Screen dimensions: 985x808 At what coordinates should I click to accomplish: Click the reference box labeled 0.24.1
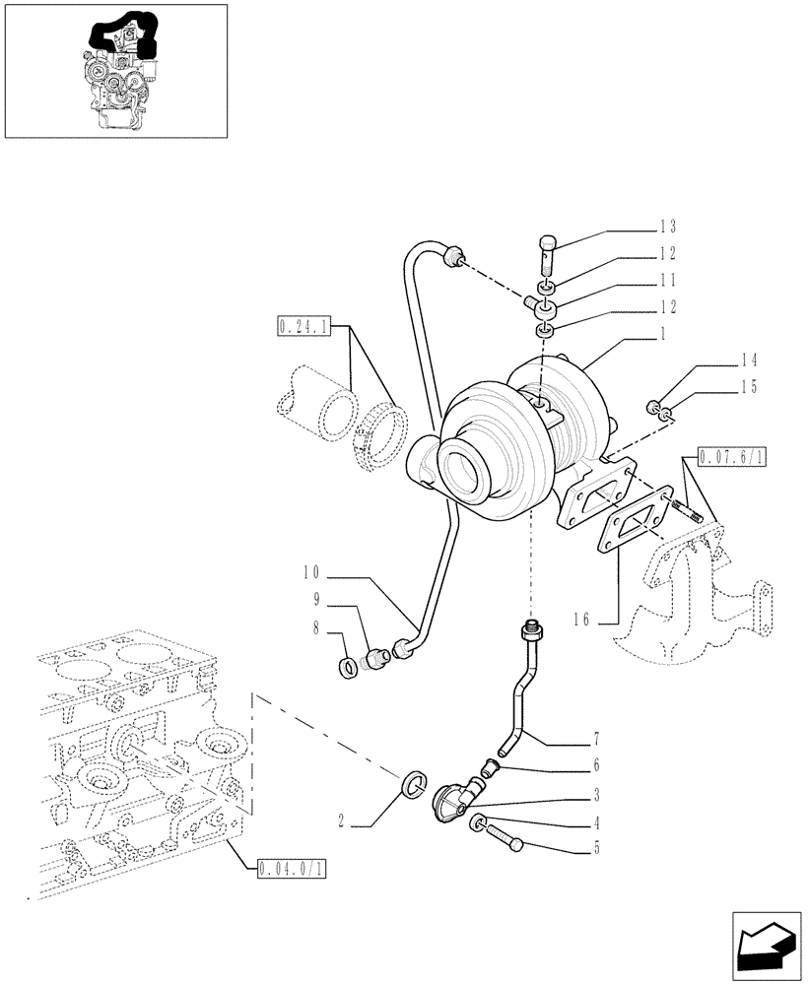point(304,324)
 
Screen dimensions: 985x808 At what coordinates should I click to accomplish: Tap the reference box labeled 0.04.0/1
point(291,869)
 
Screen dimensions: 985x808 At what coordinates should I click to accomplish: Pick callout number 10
point(312,572)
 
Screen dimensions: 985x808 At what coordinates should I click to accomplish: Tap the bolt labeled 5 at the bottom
point(505,837)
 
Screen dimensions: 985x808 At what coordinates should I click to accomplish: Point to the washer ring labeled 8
point(348,669)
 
